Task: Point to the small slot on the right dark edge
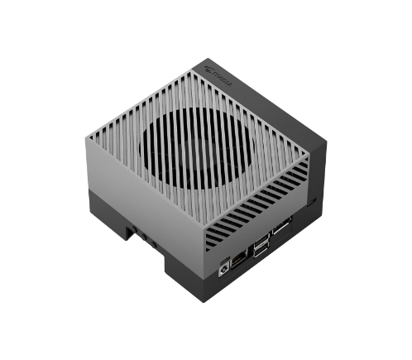point(311,201)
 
